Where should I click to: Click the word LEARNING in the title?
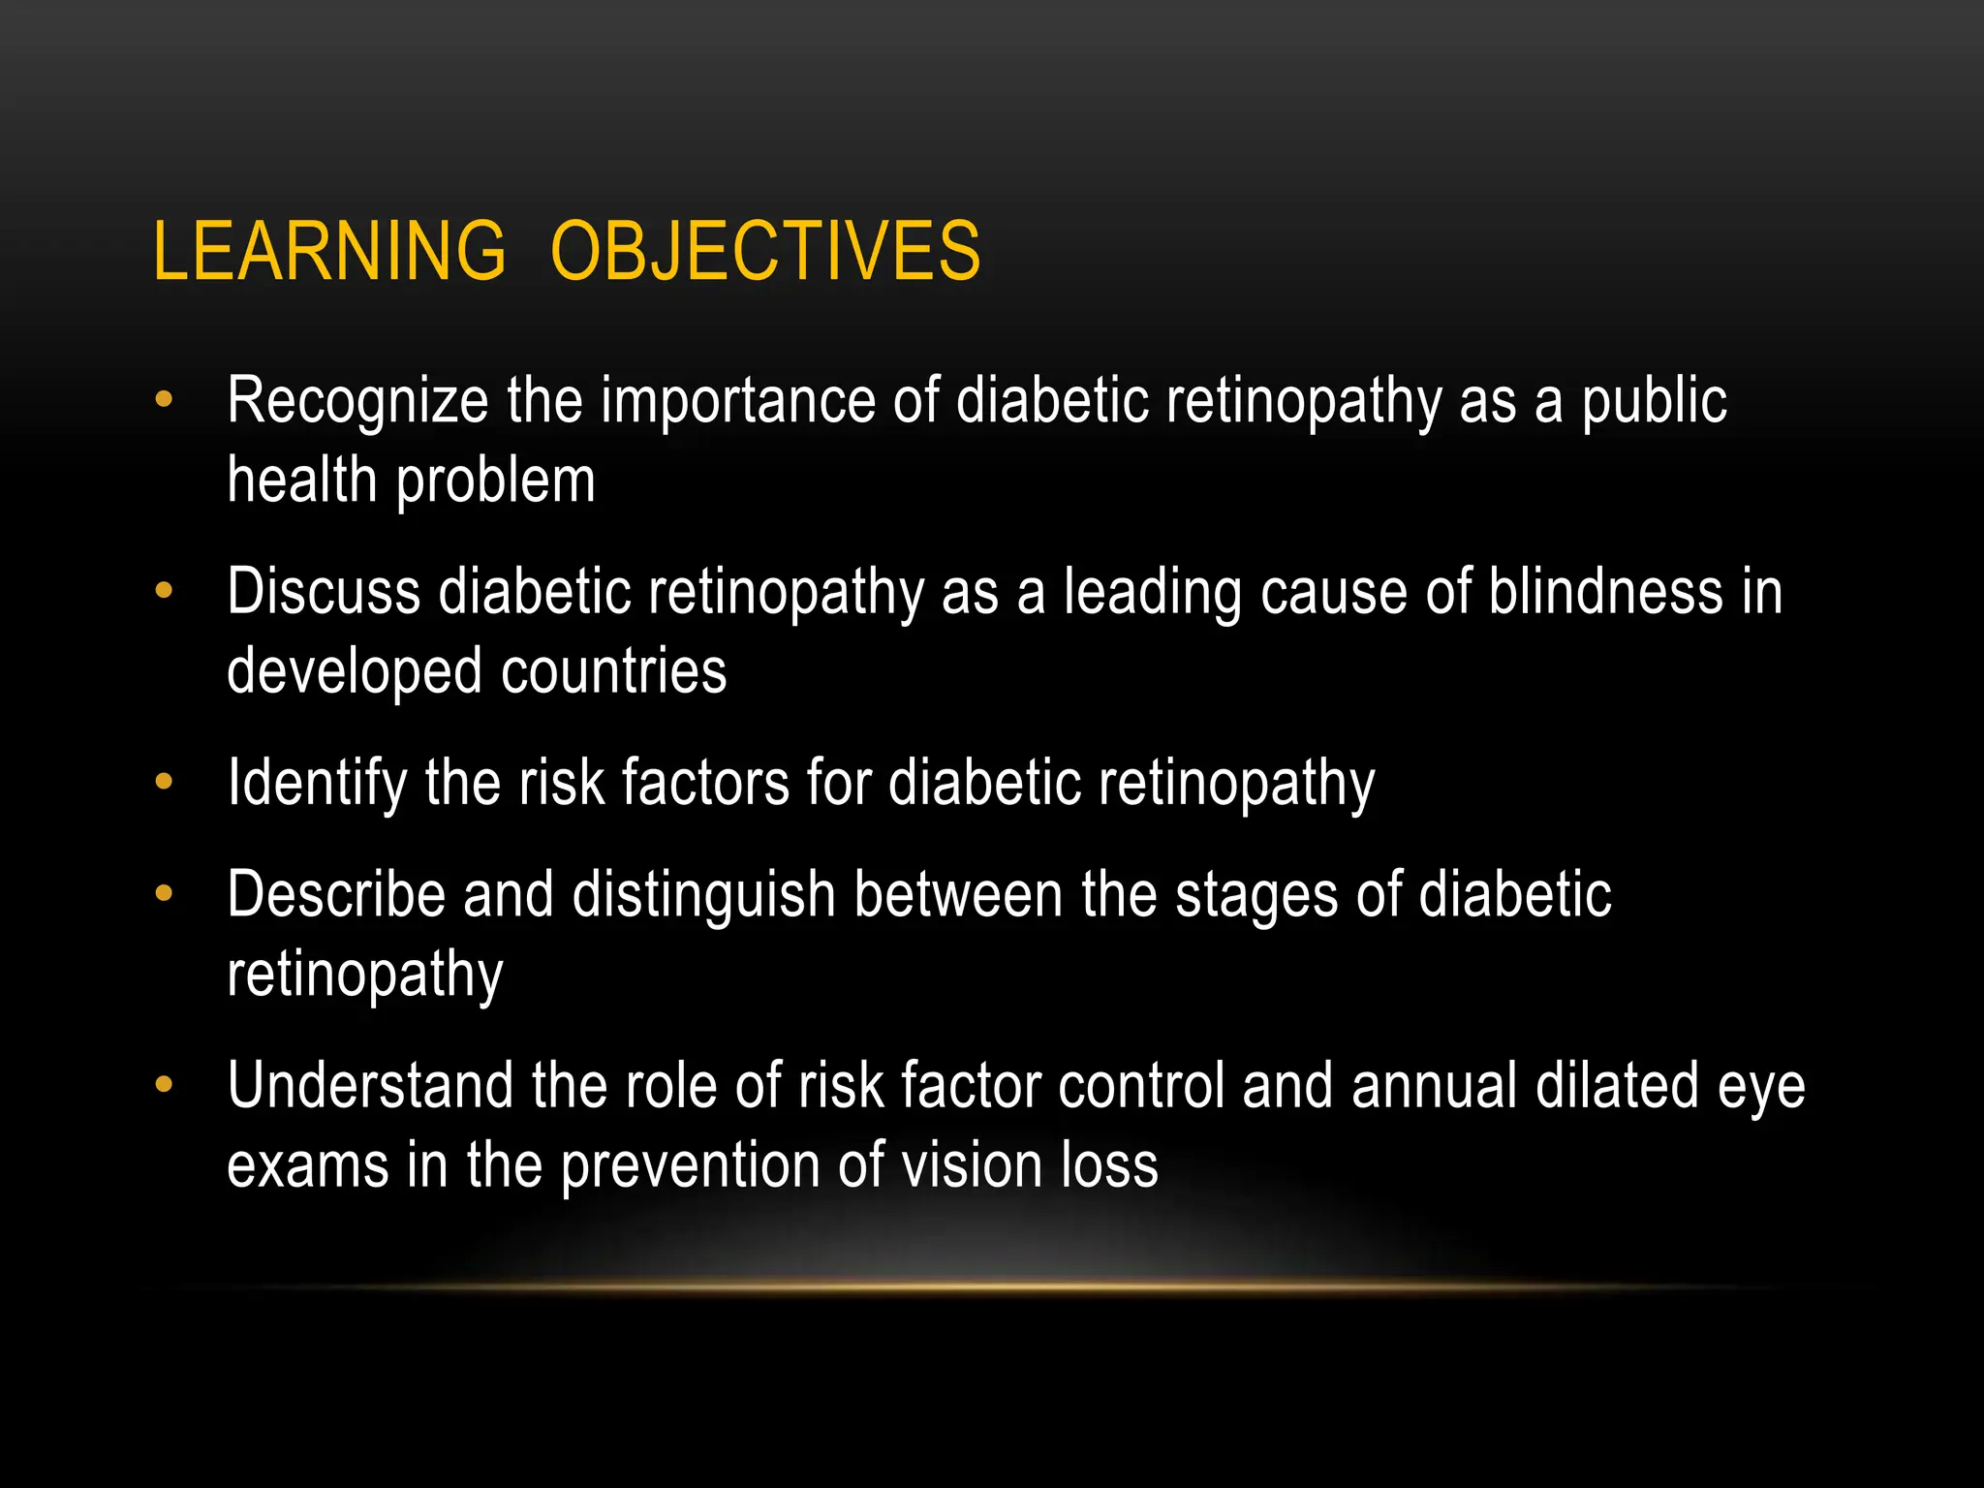click(x=329, y=251)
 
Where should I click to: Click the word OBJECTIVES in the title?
click(x=765, y=251)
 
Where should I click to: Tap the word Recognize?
click(x=357, y=401)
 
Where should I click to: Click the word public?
click(x=1654, y=401)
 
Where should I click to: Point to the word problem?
click(x=495, y=481)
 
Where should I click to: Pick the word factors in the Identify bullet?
click(x=705, y=782)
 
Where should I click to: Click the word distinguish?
click(x=703, y=894)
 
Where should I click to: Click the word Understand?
click(x=370, y=1085)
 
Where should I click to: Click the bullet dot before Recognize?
click(x=164, y=399)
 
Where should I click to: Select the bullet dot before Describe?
click(x=164, y=892)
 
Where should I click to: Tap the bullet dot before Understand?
click(x=164, y=1083)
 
